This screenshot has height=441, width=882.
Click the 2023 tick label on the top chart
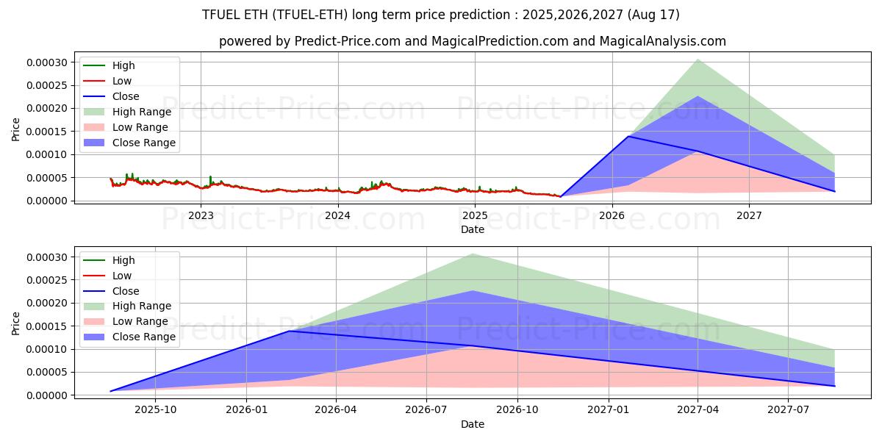(201, 215)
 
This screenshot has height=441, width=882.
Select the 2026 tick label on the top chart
(612, 215)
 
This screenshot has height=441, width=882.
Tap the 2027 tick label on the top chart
(749, 215)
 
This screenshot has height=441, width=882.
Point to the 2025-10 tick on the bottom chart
(156, 410)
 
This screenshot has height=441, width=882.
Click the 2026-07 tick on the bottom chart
(427, 410)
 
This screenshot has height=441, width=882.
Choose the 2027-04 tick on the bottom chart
(698, 410)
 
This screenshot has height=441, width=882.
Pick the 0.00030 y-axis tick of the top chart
(47, 62)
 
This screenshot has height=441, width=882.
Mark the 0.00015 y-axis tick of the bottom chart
(47, 326)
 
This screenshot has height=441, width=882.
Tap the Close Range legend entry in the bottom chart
(144, 337)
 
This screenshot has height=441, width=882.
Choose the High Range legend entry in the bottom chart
(142, 306)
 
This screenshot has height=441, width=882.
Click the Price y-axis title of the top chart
(16, 129)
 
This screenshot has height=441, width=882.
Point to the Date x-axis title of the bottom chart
(473, 424)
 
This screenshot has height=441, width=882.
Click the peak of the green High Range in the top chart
(697, 60)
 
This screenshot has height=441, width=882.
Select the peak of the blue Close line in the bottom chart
(289, 331)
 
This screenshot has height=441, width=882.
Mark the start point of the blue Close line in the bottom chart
(111, 391)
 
